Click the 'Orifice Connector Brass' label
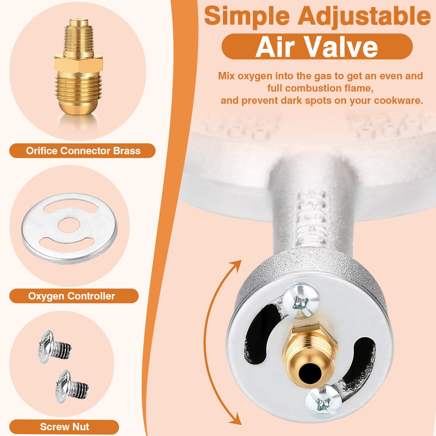click(x=83, y=151)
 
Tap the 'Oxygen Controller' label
click(x=71, y=296)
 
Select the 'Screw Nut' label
click(x=65, y=426)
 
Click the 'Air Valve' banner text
click(x=317, y=47)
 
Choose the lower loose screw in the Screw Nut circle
click(x=72, y=386)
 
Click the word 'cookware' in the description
click(x=398, y=101)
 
